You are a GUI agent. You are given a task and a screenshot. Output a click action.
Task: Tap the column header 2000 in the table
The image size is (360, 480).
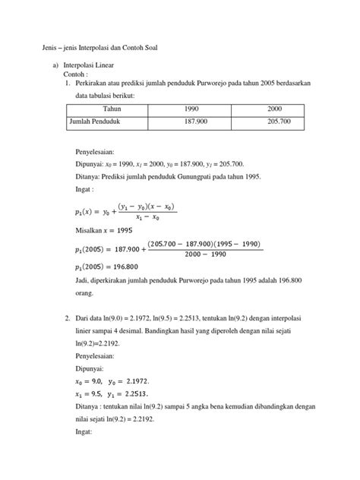[274, 109]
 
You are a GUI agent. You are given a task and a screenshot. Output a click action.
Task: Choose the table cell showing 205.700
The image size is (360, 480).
[274, 121]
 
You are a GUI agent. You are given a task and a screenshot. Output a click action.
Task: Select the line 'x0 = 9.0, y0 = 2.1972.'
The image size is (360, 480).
[110, 380]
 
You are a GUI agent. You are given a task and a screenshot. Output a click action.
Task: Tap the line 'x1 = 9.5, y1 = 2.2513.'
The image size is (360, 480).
[111, 393]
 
